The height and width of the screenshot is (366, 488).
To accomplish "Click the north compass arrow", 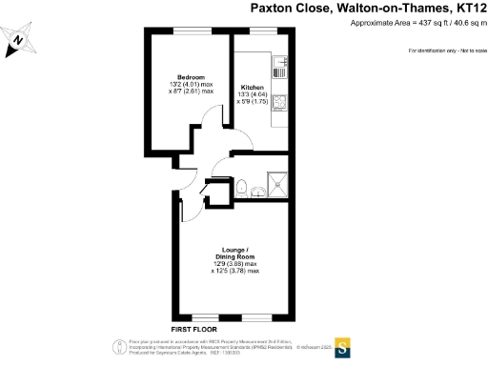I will [x=17, y=41].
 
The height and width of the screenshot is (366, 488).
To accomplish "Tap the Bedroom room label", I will [x=191, y=77].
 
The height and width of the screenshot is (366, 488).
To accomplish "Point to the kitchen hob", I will [x=279, y=102].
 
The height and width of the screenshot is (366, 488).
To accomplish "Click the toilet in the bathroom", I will [x=244, y=185].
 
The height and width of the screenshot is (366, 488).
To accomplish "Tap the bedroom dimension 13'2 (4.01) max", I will [x=191, y=85].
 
